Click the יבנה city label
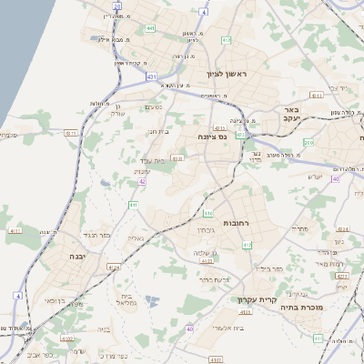click(x=76, y=258)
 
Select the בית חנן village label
click(x=159, y=132)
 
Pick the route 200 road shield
click(x=308, y=143)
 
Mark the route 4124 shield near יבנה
click(x=114, y=268)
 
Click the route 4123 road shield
click(x=206, y=261)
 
